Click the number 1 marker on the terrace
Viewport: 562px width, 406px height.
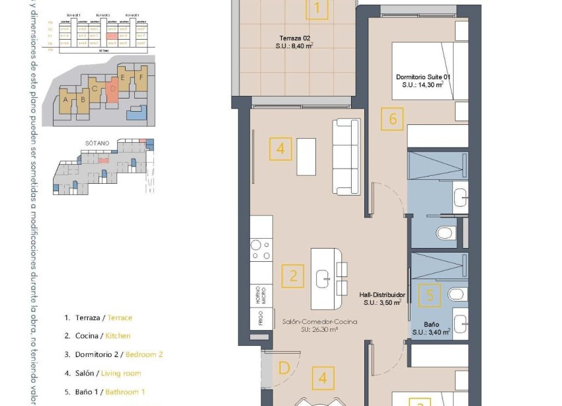pos(317,9)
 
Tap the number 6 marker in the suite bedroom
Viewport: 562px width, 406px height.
pos(393,119)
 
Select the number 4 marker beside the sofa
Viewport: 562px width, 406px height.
pos(280,149)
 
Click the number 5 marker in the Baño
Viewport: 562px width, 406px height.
pos(430,294)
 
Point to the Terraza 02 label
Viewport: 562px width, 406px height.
pos(295,46)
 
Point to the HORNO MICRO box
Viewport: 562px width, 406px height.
pos(262,295)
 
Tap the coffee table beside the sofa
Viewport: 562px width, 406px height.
pos(306,156)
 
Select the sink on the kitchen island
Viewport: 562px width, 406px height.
pos(324,278)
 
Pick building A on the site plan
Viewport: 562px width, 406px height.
pos(65,101)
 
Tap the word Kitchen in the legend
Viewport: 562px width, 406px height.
pos(118,336)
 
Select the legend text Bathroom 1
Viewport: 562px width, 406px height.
pos(125,391)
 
